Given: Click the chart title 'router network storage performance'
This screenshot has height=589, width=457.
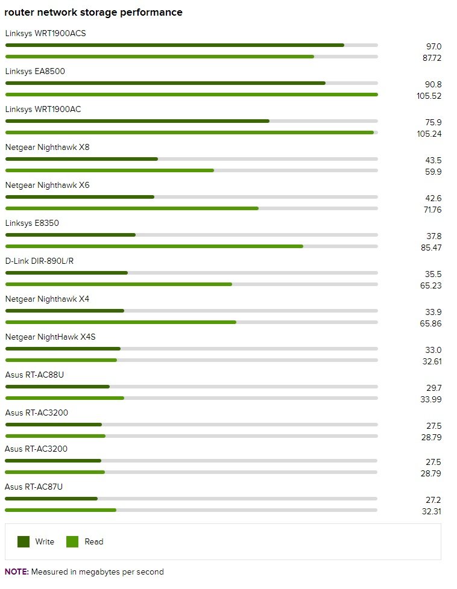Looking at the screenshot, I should (x=93, y=12).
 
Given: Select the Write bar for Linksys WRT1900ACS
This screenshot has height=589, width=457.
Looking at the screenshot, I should (x=174, y=45).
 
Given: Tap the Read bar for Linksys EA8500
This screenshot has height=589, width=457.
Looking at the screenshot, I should (x=191, y=95).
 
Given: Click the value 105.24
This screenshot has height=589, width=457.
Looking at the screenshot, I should (x=429, y=134).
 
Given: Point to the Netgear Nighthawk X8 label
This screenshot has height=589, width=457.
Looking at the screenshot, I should (x=47, y=147).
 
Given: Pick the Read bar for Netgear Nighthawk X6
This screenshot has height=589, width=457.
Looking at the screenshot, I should (x=131, y=208).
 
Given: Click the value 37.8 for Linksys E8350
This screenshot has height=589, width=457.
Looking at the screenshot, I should (x=433, y=236).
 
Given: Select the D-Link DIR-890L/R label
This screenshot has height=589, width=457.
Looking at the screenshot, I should (x=39, y=261).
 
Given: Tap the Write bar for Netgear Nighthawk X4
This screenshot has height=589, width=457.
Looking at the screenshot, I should (x=65, y=311).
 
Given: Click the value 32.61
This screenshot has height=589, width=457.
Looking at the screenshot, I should (x=431, y=361).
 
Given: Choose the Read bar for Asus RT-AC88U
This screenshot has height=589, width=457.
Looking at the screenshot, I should (x=65, y=398).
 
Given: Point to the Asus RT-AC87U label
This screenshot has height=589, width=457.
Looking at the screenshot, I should (x=34, y=486).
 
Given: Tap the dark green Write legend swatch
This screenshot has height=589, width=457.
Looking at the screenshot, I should (x=24, y=541).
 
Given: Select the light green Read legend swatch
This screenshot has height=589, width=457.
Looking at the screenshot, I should (x=72, y=541).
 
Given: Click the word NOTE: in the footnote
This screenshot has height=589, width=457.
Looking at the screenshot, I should (x=16, y=572).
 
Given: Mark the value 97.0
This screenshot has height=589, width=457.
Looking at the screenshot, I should (x=433, y=46).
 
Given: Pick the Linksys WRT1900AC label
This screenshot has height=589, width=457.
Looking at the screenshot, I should (x=43, y=109).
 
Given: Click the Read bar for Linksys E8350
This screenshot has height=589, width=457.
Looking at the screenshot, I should (x=154, y=246).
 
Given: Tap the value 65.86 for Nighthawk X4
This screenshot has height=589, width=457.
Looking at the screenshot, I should (x=431, y=323).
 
